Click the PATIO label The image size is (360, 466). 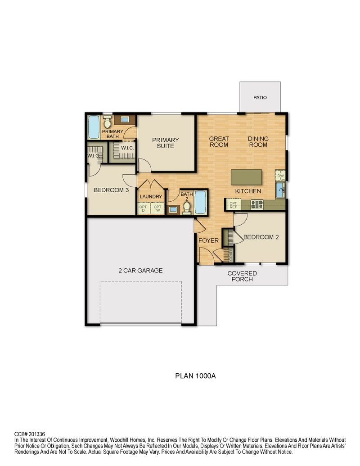[260, 98]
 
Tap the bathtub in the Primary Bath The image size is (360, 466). [94, 127]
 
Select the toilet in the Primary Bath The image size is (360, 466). [107, 122]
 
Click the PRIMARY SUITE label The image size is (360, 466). [166, 143]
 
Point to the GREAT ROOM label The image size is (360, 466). [219, 142]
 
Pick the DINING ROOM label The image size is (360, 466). [258, 142]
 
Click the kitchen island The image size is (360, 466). [246, 177]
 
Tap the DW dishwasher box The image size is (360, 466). [280, 175]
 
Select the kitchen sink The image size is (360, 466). [280, 190]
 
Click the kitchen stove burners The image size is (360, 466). [257, 204]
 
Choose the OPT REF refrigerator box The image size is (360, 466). [234, 205]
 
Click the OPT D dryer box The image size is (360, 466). [144, 208]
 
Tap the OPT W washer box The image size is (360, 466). [157, 208]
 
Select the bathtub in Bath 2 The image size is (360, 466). [200, 202]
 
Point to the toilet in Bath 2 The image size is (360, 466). [187, 208]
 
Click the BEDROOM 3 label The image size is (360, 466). [111, 190]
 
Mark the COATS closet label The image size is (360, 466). [231, 254]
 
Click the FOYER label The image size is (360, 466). [208, 240]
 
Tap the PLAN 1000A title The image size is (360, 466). [195, 376]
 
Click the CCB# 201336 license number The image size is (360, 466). [30, 434]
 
